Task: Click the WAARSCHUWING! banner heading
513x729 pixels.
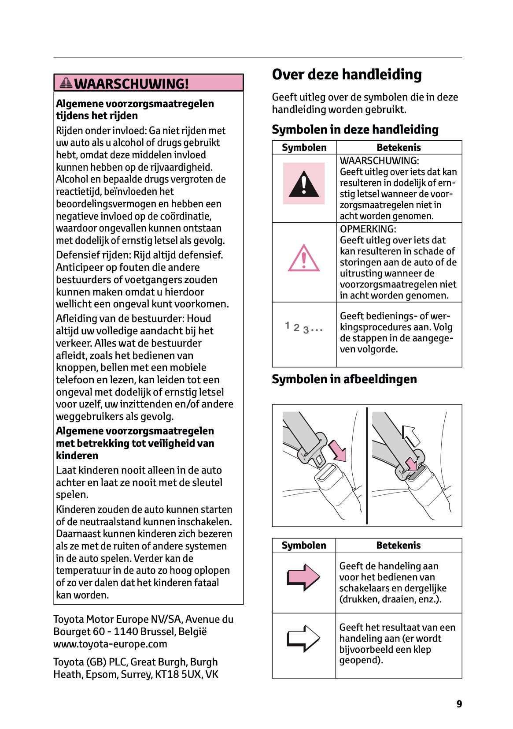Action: coord(131,83)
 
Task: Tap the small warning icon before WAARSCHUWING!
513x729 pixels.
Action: coord(66,82)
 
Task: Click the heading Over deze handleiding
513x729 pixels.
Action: coord(347,75)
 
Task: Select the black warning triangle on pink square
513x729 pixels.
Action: coord(303,183)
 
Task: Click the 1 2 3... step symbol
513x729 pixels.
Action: coord(303,328)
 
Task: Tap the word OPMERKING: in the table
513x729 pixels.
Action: coord(368,229)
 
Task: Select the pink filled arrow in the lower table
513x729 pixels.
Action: coord(303,577)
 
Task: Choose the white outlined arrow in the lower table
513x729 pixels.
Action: coord(303,638)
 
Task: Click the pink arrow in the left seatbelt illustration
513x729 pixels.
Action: coord(338,450)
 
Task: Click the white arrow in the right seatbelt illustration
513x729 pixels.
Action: coord(411,436)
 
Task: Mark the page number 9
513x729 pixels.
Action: coord(459,704)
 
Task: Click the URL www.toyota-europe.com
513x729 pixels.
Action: coord(110,644)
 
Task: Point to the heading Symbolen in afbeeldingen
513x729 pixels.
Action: coord(344,379)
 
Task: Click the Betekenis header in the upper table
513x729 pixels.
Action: coord(399,148)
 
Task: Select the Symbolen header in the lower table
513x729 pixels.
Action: coord(304,546)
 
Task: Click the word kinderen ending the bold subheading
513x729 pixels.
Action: coord(77,456)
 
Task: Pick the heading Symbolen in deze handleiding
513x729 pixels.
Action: coord(355,130)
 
